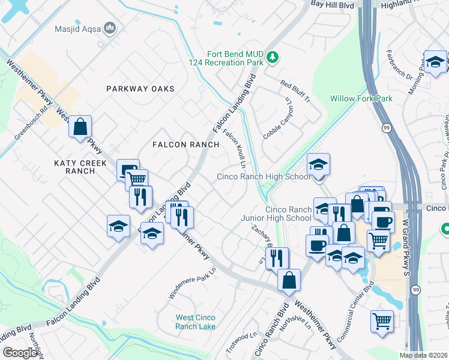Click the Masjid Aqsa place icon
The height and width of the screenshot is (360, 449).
(x=110, y=28)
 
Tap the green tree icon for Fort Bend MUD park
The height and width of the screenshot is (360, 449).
(x=273, y=57)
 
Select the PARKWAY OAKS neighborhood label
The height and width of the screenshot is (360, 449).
(x=140, y=89)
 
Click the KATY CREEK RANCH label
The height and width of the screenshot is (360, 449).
(x=80, y=167)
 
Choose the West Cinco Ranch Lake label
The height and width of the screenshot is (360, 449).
(x=195, y=322)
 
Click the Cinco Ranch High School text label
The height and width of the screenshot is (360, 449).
(x=264, y=176)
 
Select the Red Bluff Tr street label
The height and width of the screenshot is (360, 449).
(x=295, y=90)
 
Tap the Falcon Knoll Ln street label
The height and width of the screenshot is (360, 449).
(x=235, y=147)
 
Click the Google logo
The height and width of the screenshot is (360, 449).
(x=20, y=353)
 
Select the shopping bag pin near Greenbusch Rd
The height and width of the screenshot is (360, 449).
(x=80, y=127)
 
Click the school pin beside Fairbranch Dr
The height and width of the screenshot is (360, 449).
(x=435, y=62)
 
